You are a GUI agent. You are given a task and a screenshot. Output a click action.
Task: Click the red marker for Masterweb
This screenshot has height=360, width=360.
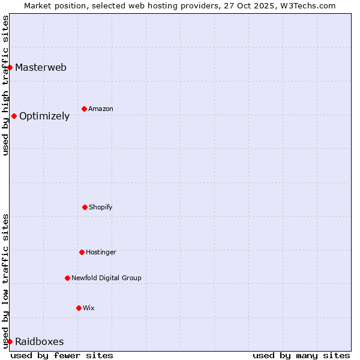point(10,67)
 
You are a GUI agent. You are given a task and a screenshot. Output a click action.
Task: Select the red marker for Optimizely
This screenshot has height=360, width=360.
point(14,116)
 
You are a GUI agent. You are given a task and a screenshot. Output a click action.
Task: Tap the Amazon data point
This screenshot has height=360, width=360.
point(85,109)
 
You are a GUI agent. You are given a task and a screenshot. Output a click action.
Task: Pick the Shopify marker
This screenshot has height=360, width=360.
point(85,207)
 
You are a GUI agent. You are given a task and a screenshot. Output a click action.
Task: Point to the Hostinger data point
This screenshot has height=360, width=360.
point(82,252)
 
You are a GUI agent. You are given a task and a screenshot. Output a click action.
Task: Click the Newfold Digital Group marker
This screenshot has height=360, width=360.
point(67,278)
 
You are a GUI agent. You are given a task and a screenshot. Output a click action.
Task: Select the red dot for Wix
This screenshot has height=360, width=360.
point(79,308)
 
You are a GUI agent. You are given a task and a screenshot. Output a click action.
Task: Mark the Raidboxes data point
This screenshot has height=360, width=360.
point(10,341)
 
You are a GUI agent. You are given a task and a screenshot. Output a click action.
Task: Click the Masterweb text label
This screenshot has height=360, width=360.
point(41,67)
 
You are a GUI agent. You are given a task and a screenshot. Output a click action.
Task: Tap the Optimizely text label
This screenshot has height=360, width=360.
point(44,116)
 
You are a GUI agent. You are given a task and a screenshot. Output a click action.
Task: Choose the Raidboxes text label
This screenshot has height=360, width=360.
point(40,342)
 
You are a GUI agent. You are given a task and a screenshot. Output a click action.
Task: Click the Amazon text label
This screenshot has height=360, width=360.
point(101,109)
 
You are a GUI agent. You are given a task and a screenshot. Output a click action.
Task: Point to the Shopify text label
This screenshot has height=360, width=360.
point(101,207)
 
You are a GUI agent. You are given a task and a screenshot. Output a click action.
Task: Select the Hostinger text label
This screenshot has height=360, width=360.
point(101,252)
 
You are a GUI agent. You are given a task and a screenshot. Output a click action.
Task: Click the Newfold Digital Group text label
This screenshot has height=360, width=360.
point(106,278)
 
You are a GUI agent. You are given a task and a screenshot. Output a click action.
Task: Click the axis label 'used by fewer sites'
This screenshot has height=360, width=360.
point(62,355)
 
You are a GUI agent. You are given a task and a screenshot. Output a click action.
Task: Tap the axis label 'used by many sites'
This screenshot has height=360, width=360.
point(301,355)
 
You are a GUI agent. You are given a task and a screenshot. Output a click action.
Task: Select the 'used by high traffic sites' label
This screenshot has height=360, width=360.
point(5,85)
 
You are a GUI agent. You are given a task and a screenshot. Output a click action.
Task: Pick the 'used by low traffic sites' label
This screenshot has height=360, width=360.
point(5,281)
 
